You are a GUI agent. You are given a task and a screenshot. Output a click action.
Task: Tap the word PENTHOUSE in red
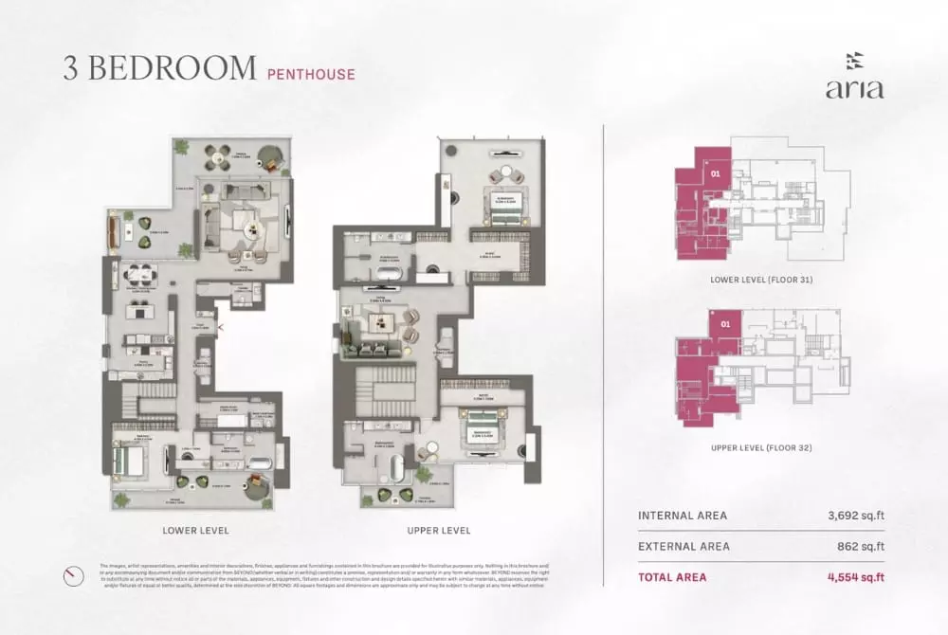(311, 73)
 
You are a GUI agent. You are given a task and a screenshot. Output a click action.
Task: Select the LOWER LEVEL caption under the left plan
(195, 530)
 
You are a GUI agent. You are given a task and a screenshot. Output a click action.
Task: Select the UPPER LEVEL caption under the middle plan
(437, 530)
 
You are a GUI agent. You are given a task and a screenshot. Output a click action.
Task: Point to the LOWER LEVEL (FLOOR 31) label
(761, 281)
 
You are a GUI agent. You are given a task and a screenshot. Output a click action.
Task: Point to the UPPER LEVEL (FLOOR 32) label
(761, 447)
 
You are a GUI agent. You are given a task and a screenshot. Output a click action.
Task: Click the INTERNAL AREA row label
(683, 516)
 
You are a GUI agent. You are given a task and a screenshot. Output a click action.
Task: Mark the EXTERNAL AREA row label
(684, 546)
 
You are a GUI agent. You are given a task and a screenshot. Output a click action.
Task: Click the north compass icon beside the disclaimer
(72, 575)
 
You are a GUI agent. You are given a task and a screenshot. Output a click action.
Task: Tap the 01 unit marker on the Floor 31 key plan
(716, 173)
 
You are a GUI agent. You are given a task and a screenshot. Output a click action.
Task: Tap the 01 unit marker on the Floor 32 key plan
(726, 324)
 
